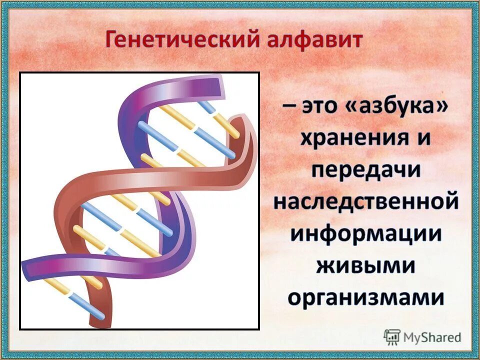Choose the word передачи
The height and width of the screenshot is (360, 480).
pyautogui.click(x=366, y=171)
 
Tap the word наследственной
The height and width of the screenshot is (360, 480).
pyautogui.click(x=366, y=202)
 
